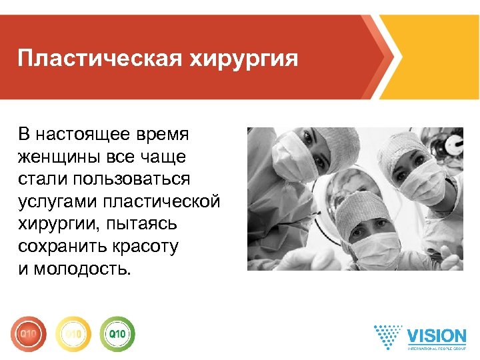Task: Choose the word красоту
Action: click(x=147, y=247)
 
